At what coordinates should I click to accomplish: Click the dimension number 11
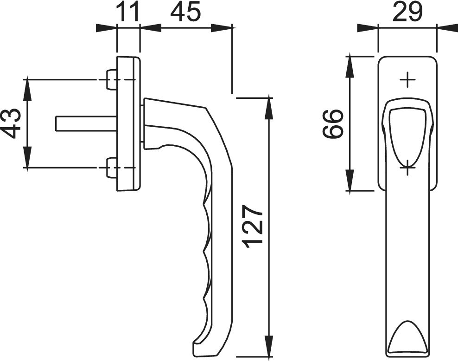pos(127,13)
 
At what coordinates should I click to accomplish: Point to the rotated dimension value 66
pos(332,123)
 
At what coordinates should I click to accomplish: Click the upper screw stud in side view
pos(111,80)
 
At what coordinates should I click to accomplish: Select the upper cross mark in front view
pos(407,80)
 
